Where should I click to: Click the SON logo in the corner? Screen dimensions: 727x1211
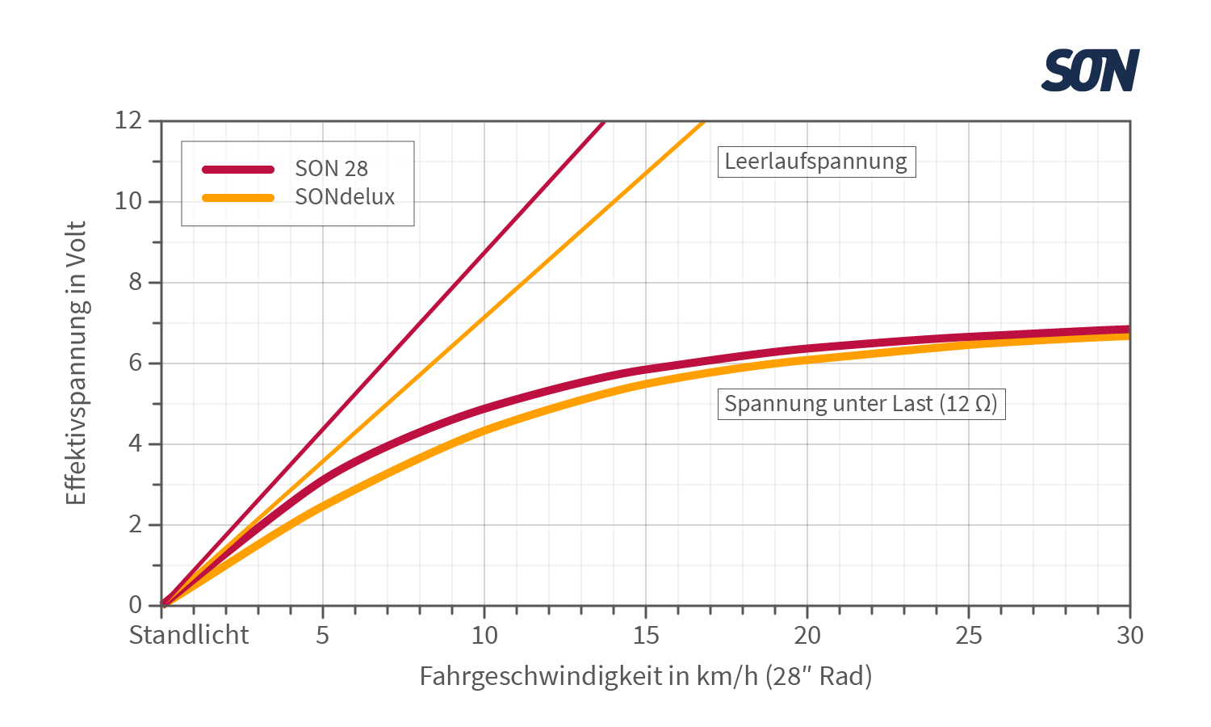[x=1090, y=70]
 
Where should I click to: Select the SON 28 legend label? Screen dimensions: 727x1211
[x=331, y=168]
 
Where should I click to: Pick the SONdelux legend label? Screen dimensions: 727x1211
[x=345, y=196]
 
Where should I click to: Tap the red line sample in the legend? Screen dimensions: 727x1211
[x=238, y=169]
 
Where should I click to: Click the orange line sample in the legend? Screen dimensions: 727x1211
[x=238, y=197]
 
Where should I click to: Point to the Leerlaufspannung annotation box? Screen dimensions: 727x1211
[x=815, y=161]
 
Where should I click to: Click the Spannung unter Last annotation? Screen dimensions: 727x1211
[x=861, y=403]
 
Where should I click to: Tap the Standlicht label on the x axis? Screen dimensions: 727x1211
[x=189, y=635]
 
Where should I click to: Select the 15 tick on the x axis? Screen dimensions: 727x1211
[x=646, y=635]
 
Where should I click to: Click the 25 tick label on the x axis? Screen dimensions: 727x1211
[x=969, y=635]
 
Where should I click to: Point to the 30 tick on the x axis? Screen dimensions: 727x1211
[x=1130, y=635]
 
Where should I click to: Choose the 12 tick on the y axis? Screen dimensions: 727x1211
[x=128, y=120]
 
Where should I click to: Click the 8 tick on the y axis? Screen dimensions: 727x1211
[x=135, y=282]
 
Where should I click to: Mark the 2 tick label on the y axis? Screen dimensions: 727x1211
[x=135, y=524]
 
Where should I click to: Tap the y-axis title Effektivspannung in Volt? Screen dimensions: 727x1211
[x=76, y=363]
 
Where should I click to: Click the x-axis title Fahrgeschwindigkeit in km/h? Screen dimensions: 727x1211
[x=646, y=675]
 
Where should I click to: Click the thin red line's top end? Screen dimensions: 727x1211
[x=602, y=123]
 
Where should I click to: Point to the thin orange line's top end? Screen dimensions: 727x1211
[x=702, y=123]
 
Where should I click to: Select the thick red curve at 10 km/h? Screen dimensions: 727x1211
[x=484, y=408]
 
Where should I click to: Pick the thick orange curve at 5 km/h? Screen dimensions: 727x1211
[x=323, y=506]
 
